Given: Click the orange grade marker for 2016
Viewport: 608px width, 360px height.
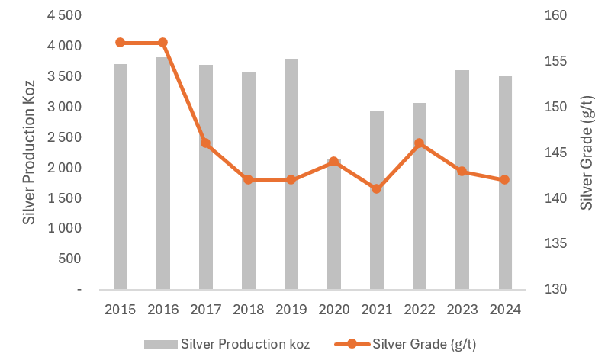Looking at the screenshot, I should [x=162, y=43].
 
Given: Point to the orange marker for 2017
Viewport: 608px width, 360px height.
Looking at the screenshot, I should [x=205, y=143].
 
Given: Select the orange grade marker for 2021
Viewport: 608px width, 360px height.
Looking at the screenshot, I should [x=377, y=188].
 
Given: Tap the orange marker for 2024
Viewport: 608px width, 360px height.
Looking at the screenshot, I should [x=504, y=180].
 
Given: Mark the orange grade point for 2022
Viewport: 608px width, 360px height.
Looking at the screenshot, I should [x=420, y=143].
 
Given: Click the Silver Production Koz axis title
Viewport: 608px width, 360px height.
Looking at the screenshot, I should [x=29, y=153].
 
